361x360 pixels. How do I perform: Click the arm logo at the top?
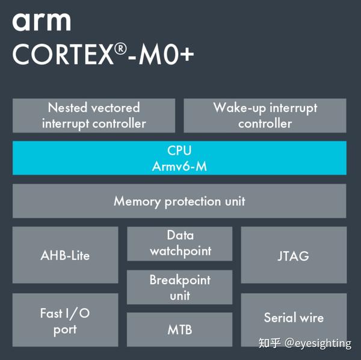coord(42,22)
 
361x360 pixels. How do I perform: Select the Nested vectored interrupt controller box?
coord(94,116)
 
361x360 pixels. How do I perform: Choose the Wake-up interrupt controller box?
coord(265,116)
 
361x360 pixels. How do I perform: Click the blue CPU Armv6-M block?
coord(179,158)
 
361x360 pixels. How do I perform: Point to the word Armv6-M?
coord(179,166)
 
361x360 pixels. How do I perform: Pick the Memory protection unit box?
coord(179,201)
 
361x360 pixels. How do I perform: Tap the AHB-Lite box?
coord(65,255)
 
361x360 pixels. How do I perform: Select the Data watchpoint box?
coord(180,243)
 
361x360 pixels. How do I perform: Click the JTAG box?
coord(294,255)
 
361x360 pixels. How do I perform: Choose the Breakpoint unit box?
coord(180,287)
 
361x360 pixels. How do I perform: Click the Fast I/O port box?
coord(65,321)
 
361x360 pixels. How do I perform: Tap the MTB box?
coord(180,330)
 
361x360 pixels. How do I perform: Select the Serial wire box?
coord(294,318)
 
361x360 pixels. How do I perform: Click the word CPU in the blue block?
coord(179,150)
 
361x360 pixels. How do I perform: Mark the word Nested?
coord(67,108)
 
